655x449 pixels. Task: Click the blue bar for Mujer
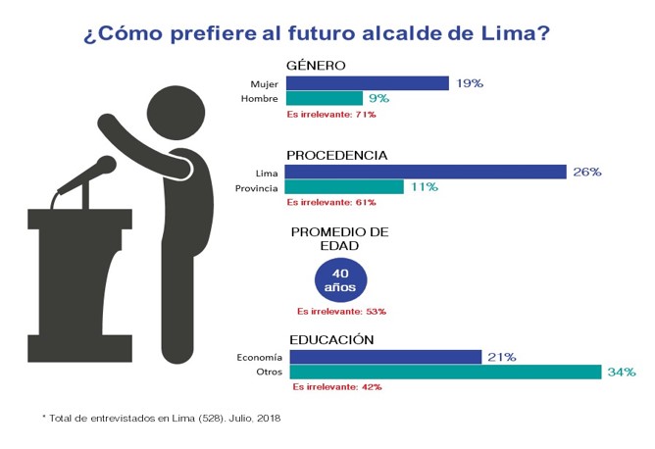367,83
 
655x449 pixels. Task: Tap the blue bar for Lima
426,172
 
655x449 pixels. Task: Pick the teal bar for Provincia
344,187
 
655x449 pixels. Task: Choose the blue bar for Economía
383,357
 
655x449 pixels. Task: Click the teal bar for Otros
443,373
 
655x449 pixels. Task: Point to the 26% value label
586,173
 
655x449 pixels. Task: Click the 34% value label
622,373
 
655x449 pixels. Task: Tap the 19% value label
470,83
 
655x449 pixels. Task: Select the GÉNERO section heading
316,66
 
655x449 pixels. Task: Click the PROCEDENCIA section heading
336,155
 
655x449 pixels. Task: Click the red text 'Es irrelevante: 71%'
330,115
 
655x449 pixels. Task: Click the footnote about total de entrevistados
162,417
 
